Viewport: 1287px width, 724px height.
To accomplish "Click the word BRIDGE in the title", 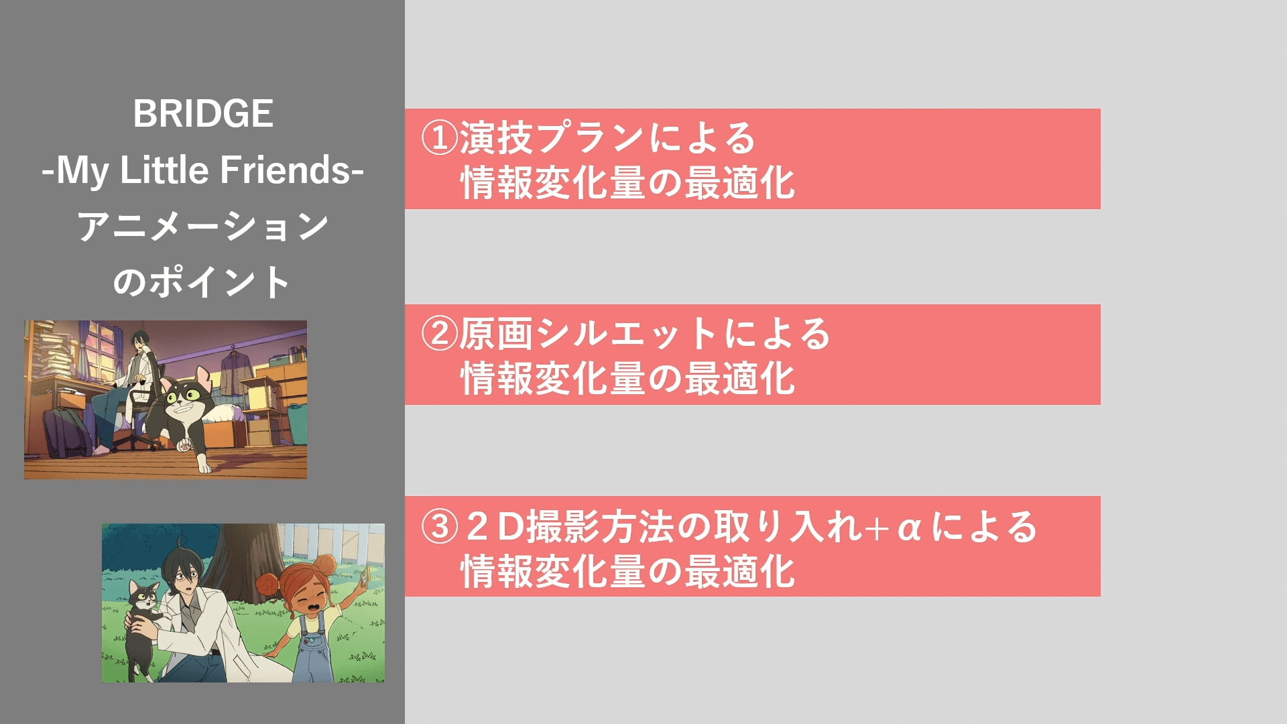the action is pos(203,113).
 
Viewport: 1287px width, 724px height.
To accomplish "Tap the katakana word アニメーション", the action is pos(203,226).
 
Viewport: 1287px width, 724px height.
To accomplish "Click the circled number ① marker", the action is pos(439,137).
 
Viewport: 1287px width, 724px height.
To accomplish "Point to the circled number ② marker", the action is pos(439,333).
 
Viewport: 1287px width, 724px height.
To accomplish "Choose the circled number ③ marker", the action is pos(439,526).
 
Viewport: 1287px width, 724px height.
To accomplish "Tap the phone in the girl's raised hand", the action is pos(365,575).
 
